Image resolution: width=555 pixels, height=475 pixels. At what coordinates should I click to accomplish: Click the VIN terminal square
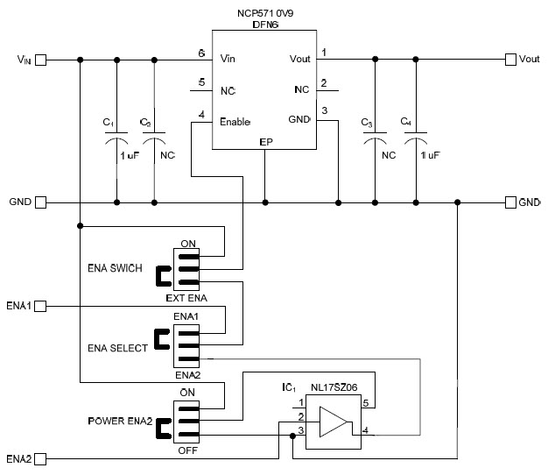tap(40, 60)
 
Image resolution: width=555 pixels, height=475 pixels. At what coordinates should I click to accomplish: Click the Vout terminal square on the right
tap(510, 60)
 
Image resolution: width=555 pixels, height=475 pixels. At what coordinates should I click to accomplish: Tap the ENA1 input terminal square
tap(40, 307)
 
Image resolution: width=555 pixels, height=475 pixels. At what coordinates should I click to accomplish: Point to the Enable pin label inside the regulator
tap(235, 121)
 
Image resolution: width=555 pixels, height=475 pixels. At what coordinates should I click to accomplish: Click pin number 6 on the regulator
tap(201, 53)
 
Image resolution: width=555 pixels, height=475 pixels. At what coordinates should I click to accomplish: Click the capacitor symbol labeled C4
tap(415, 140)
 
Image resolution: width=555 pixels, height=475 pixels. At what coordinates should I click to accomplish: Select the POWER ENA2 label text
tap(119, 422)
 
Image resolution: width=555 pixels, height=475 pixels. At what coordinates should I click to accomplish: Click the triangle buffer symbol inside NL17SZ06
tap(333, 422)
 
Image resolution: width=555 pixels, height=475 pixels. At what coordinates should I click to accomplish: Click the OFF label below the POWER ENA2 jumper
tap(186, 450)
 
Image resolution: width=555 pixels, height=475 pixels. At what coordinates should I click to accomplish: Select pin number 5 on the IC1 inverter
tap(365, 403)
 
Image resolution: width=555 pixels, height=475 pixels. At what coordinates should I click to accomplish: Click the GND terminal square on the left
tap(40, 202)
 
